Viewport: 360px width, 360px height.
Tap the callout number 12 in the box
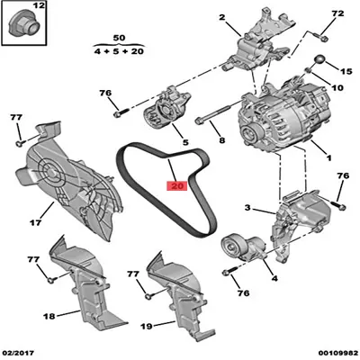(x=36, y=8)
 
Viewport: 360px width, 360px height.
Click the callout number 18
(x=24, y=316)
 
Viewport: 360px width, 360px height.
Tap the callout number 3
(x=247, y=209)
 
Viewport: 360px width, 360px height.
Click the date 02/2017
(x=19, y=353)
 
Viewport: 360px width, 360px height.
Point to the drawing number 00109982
(x=332, y=353)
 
